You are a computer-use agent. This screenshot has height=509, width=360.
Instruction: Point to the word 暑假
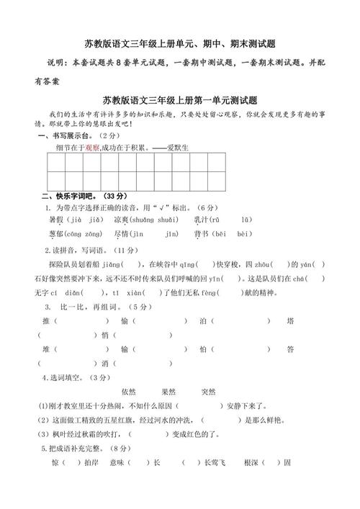[x=55, y=220]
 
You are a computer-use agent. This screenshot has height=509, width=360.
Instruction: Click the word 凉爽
[x=121, y=220]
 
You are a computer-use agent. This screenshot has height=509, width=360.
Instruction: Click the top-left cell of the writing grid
[x=57, y=162]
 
